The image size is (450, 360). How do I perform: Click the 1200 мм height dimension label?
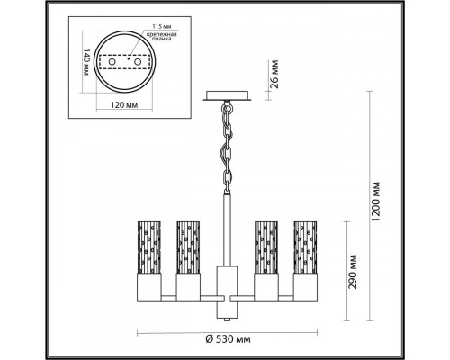[x=376, y=202]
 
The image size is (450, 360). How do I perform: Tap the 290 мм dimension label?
[x=353, y=272]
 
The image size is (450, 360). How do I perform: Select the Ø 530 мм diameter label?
[x=228, y=339]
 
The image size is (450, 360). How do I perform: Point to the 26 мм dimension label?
[x=274, y=74]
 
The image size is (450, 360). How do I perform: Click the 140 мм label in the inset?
[x=85, y=62]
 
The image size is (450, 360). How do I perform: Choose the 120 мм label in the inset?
[x=124, y=105]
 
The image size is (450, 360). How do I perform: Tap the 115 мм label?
[x=161, y=27]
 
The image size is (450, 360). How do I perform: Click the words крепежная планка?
[x=161, y=36]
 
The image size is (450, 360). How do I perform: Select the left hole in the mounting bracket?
[x=112, y=62]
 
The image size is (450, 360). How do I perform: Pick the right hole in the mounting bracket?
[x=138, y=62]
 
